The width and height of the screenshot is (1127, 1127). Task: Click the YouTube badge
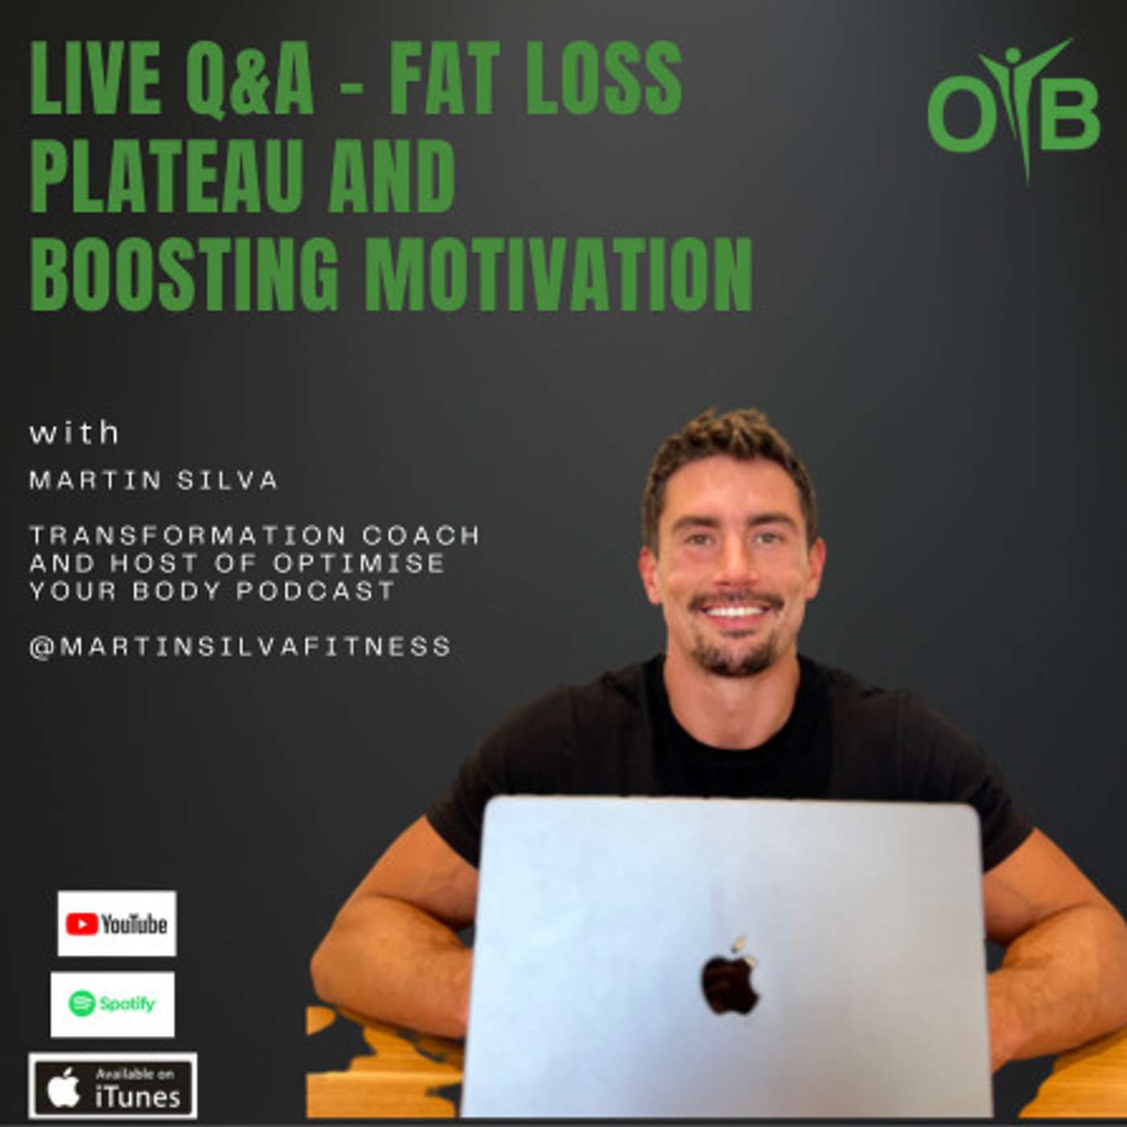(x=117, y=923)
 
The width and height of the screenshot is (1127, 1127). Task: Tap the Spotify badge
(x=113, y=1004)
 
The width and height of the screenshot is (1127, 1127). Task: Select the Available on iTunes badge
(x=113, y=1086)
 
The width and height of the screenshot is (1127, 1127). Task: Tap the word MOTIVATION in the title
(x=559, y=274)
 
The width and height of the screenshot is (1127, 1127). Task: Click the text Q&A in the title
(x=250, y=79)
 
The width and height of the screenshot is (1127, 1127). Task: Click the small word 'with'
(x=74, y=433)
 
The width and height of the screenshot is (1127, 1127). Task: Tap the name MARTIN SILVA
(x=154, y=481)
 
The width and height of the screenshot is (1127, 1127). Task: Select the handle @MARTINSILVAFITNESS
(x=240, y=646)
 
